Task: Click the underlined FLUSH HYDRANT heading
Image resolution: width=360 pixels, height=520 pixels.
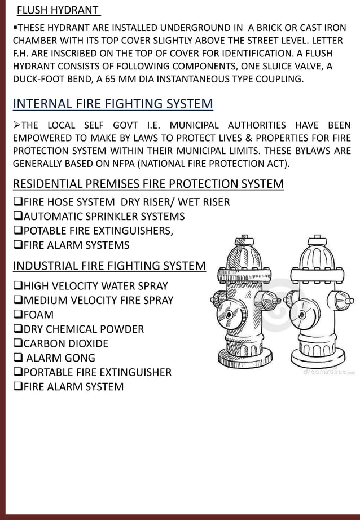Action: [x=58, y=11]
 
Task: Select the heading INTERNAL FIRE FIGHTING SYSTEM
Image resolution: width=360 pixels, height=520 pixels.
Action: [x=113, y=104]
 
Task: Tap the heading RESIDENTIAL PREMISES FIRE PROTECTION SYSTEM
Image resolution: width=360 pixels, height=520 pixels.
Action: [x=148, y=184]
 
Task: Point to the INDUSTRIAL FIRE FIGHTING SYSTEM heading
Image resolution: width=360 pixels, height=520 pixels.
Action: [x=109, y=266]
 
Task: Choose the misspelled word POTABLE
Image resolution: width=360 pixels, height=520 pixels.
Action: [x=46, y=231]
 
